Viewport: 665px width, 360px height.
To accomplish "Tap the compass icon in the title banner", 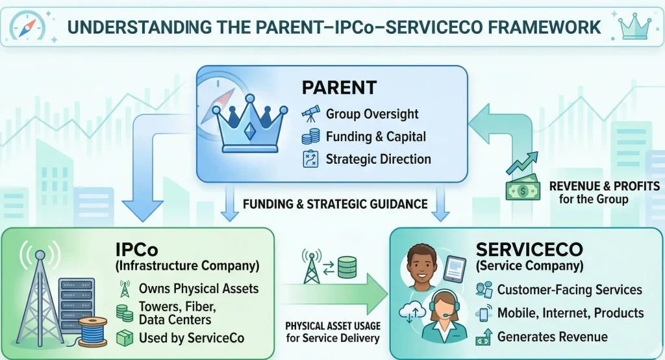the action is pos(27,27).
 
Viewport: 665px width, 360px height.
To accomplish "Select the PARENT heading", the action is pos(339,88).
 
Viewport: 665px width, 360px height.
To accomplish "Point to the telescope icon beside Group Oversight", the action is pos(310,113).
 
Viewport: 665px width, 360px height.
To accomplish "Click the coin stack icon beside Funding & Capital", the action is pos(310,136).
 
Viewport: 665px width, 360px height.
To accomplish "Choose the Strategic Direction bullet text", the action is pos(379,159).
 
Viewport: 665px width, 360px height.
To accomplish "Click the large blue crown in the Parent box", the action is pos(250,123).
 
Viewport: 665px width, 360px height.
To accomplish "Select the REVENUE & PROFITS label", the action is pos(605,186).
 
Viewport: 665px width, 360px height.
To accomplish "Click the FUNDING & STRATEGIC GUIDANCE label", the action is pos(335,204).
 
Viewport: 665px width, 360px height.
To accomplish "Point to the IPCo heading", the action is pos(137,250).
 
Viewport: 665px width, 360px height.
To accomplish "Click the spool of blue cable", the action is pos(92,333).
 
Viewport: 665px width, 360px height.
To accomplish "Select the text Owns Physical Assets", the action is pos(199,289).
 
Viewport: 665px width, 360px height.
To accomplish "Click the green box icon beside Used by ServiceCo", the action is pos(125,338).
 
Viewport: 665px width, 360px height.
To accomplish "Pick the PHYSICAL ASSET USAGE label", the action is pos(333,326).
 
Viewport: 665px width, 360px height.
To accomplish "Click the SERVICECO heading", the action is pos(529,250).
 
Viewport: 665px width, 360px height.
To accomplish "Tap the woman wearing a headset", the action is pos(443,316).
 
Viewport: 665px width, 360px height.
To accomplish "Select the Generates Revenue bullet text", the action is pos(552,337).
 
